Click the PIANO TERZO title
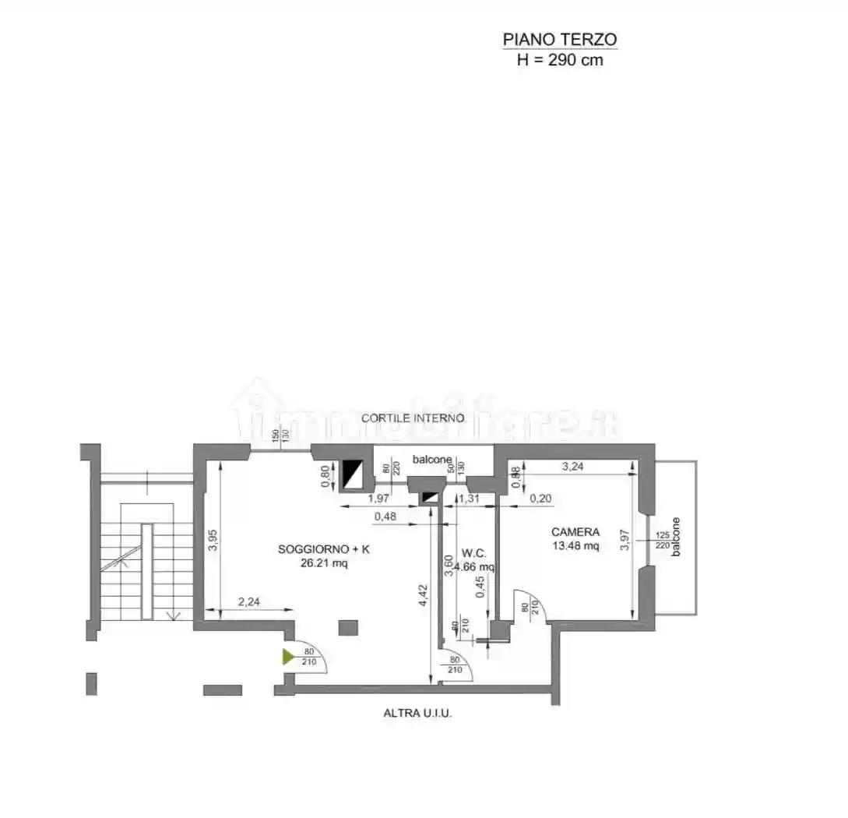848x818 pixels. click(560, 39)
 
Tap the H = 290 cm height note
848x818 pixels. click(560, 60)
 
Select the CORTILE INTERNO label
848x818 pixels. click(413, 418)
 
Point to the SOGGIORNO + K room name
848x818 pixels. click(324, 549)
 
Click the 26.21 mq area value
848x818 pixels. click(324, 563)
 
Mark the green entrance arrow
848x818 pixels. click(288, 657)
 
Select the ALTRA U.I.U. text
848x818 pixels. click(417, 713)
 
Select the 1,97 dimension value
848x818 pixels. click(378, 498)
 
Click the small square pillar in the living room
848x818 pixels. click(348, 628)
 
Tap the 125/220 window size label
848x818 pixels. click(663, 540)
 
